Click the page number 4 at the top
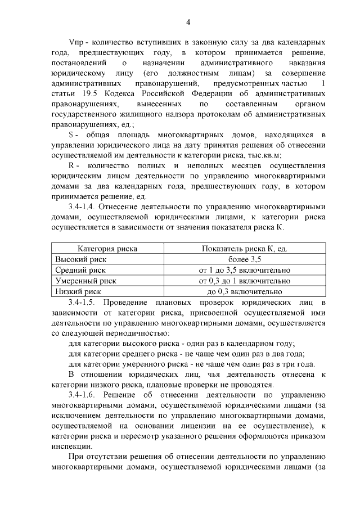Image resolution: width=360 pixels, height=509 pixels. (x=188, y=21)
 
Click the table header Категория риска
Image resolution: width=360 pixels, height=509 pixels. (x=107, y=249)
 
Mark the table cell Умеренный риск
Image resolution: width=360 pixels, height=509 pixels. (x=85, y=281)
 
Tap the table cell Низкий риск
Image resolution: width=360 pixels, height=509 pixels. (x=78, y=291)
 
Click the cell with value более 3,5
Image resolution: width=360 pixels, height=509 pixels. (x=245, y=259)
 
